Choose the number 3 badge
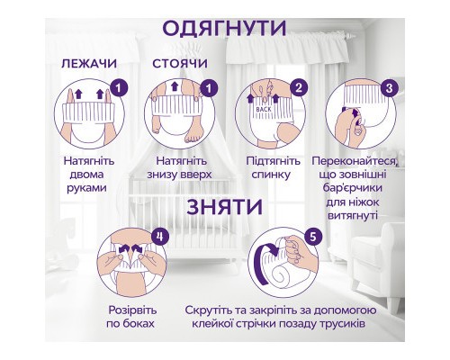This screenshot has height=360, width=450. click(389, 88)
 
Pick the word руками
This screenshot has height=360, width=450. click(87, 188)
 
